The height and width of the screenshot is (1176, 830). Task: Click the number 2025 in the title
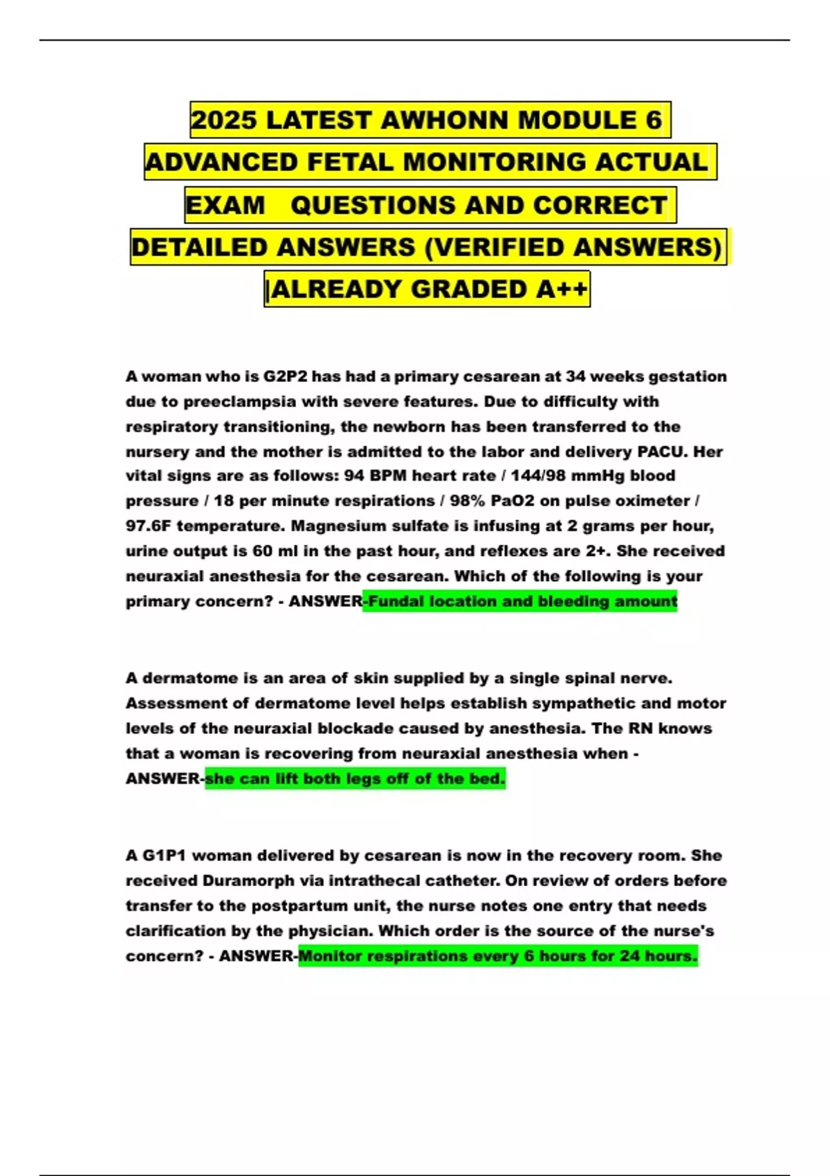click(224, 120)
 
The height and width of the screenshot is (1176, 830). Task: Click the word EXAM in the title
click(225, 205)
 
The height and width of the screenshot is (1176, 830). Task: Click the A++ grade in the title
click(562, 289)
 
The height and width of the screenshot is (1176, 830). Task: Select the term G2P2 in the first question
click(285, 377)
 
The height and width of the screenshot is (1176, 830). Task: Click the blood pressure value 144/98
click(537, 476)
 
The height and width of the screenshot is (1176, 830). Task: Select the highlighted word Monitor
click(330, 956)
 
